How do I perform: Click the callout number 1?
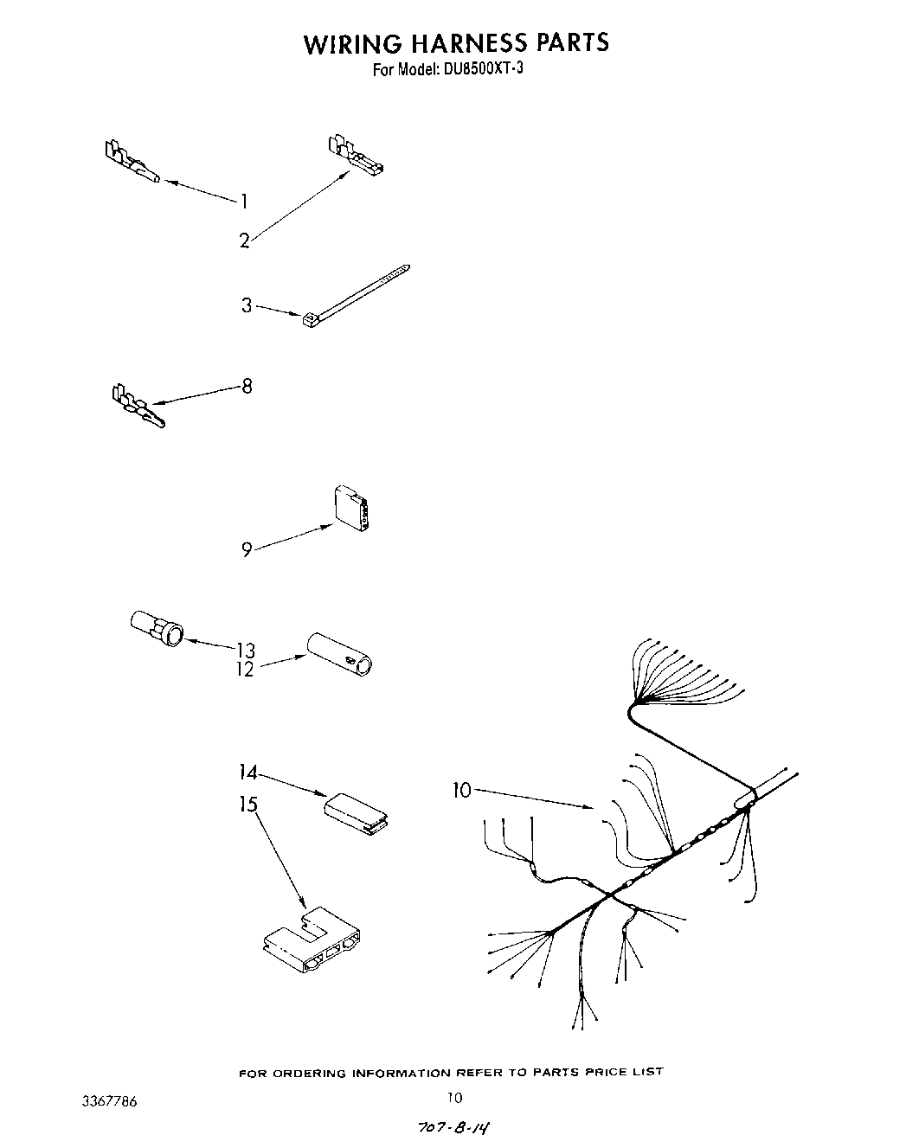coord(244,202)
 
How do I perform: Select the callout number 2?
coord(245,241)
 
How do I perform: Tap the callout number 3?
coord(247,305)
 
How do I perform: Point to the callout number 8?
coord(247,386)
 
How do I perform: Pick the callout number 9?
coord(247,549)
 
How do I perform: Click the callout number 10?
coord(461,790)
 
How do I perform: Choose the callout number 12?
coord(246,669)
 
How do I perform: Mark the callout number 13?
coord(246,650)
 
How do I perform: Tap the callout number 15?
coord(247,805)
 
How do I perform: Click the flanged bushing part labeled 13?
coord(157,629)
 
